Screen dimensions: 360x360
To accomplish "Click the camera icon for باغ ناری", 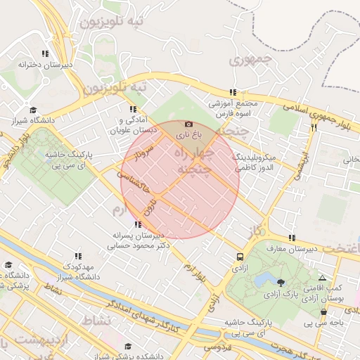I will pyautogui.click(x=188, y=124).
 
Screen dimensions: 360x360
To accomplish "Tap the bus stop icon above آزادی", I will pyautogui.click(x=240, y=257).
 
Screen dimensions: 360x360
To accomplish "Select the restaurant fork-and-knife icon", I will pyautogui.click(x=314, y=128).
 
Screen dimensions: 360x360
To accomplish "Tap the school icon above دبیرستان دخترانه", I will pyautogui.click(x=46, y=53).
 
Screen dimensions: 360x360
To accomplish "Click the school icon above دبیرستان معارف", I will pyautogui.click(x=292, y=238).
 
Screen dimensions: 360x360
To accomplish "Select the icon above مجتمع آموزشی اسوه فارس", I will pyautogui.click(x=233, y=92).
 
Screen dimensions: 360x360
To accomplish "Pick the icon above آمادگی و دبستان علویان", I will pyautogui.click(x=132, y=109).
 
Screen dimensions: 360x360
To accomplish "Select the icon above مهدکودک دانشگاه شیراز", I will pyautogui.click(x=77, y=257).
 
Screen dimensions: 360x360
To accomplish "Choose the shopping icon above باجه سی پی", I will pyautogui.click(x=323, y=312).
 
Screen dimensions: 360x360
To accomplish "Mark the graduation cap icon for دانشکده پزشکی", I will pyautogui.click(x=128, y=347).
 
